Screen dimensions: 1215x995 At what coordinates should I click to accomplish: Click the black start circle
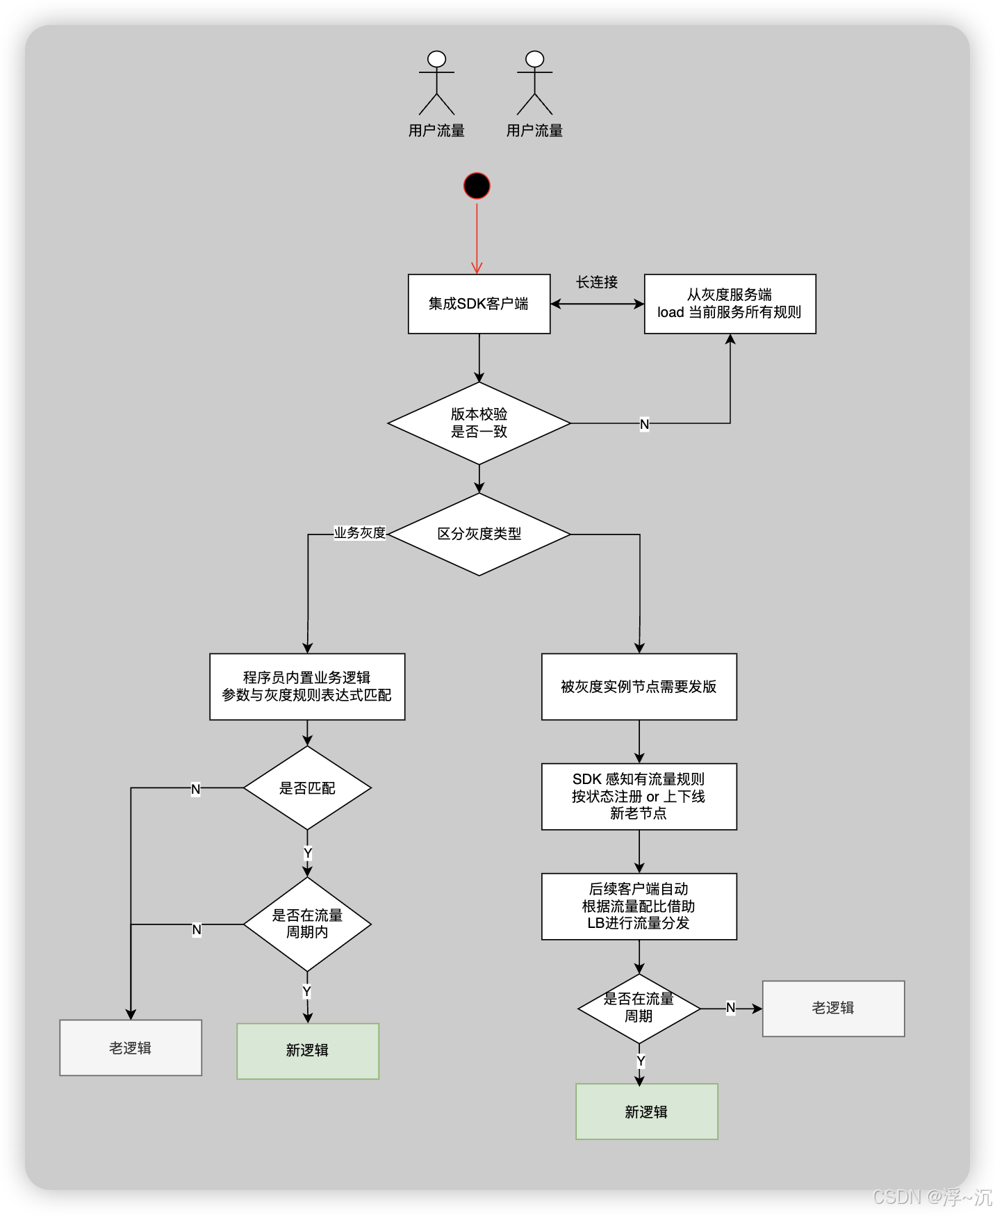pyautogui.click(x=477, y=186)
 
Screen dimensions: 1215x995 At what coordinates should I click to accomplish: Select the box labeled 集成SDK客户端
pyautogui.click(x=479, y=304)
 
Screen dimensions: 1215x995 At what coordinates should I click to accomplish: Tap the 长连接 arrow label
pyautogui.click(x=597, y=282)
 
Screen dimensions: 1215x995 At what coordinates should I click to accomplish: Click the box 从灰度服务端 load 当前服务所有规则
pyautogui.click(x=730, y=304)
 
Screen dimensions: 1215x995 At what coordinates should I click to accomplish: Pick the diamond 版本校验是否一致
pyautogui.click(x=479, y=423)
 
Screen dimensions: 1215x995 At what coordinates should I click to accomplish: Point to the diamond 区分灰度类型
pyautogui.click(x=479, y=534)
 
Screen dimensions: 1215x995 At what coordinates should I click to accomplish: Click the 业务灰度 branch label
pyautogui.click(x=359, y=533)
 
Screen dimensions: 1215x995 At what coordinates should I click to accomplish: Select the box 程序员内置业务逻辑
pyautogui.click(x=307, y=686)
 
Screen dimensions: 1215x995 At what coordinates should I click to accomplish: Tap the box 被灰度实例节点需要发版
pyautogui.click(x=639, y=686)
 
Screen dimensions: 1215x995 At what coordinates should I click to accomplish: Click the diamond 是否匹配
pyautogui.click(x=307, y=788)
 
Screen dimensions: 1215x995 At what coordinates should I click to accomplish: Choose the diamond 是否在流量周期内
pyautogui.click(x=307, y=924)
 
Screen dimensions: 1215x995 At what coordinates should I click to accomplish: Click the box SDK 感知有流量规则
pyautogui.click(x=639, y=796)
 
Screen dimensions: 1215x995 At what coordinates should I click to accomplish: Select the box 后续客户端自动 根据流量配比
pyautogui.click(x=639, y=906)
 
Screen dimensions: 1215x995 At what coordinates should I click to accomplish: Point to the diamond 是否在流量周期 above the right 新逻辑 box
pyautogui.click(x=639, y=1008)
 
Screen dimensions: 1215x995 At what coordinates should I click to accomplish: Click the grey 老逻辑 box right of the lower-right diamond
pyautogui.click(x=833, y=1008)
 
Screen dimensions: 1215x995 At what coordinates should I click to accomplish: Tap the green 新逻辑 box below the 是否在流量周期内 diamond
pyautogui.click(x=307, y=1050)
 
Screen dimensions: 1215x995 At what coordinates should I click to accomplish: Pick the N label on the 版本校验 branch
pyautogui.click(x=644, y=424)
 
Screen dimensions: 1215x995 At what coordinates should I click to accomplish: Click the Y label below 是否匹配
pyautogui.click(x=308, y=853)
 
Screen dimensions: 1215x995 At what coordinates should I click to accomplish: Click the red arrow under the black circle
pyautogui.click(x=477, y=236)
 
